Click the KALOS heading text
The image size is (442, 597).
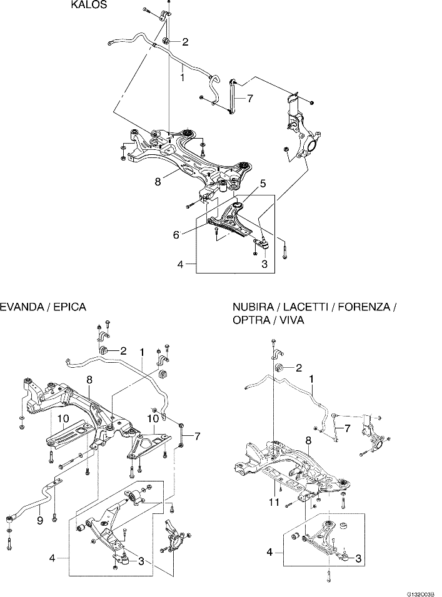[89, 5]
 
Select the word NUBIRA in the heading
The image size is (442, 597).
[253, 307]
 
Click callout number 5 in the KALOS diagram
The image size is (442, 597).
[263, 183]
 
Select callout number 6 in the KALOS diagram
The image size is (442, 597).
[177, 235]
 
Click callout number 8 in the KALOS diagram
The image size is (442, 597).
[158, 182]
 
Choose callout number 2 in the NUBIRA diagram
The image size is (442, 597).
[299, 368]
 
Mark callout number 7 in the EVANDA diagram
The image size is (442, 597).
[197, 435]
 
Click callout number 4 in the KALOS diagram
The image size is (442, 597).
[180, 265]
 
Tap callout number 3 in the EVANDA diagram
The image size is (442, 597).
[141, 561]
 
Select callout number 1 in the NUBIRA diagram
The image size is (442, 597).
[311, 378]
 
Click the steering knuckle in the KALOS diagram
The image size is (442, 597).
[302, 134]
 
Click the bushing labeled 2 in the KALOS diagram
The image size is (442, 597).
[167, 42]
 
